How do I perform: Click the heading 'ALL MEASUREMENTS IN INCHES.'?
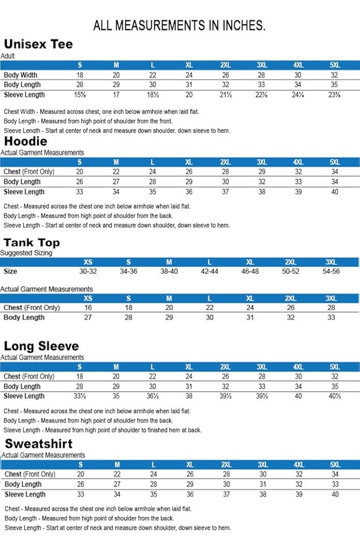coord(179,26)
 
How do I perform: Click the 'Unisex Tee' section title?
coord(38,44)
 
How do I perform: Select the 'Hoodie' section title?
coord(25,141)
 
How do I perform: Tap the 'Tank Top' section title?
coord(32,243)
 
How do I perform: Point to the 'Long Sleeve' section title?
coord(41,346)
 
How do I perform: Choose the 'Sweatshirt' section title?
coord(39,444)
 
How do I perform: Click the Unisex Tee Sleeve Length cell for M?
coord(116,95)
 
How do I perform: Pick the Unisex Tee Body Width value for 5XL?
coord(335,75)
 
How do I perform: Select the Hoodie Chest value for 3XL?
coord(262,172)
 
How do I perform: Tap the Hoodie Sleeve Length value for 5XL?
coord(335,192)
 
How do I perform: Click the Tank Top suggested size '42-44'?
coord(209,271)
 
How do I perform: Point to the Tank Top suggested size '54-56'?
coord(331,271)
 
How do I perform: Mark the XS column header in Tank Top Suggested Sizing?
coord(88,262)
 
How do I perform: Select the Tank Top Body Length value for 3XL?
coord(331,318)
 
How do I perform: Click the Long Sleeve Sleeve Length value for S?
coord(80,396)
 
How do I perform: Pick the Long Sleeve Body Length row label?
coord(23,386)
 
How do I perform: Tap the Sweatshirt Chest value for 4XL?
coord(298,474)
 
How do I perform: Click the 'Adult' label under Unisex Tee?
coord(8,56)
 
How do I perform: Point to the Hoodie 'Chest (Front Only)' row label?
coord(29,172)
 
